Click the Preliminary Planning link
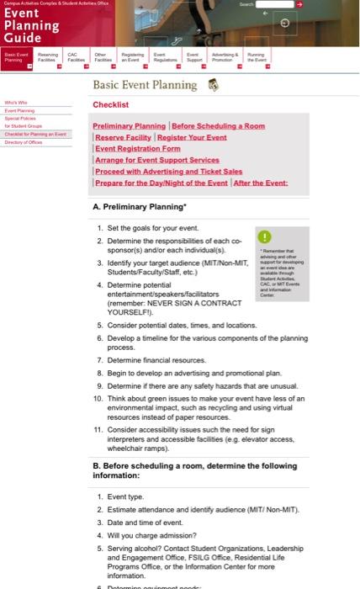[x=130, y=126]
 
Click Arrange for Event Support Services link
[x=156, y=160]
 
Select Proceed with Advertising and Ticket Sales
[x=168, y=171]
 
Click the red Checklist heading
[x=111, y=105]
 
